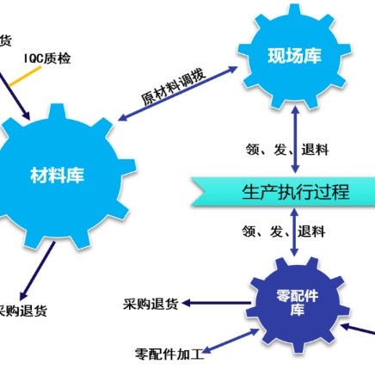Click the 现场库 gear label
point(294,56)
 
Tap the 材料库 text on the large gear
point(57,176)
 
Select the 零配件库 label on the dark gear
point(297,303)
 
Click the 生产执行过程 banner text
point(296,192)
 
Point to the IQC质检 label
point(47,59)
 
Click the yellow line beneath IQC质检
point(25,77)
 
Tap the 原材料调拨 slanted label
point(174,86)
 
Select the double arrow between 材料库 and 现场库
point(178,94)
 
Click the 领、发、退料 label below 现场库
point(287,150)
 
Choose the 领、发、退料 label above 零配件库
point(284,231)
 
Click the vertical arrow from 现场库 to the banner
point(295,139)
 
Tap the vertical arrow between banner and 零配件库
point(294,232)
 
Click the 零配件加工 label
point(169,355)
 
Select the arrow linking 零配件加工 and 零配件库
point(231,342)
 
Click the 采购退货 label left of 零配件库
point(151,304)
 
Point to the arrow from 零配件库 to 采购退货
point(216,303)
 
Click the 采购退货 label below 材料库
point(23,311)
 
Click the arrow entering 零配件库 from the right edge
point(358,329)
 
